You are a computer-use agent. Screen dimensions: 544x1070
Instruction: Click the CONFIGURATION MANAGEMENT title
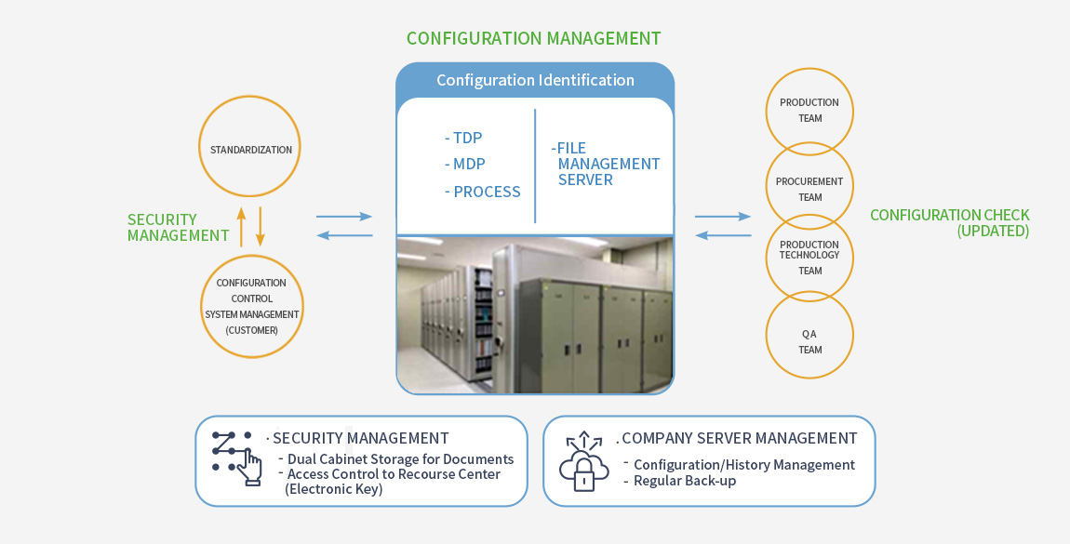533,38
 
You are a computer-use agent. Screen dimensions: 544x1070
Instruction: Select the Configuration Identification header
535,80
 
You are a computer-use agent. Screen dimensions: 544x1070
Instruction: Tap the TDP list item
466,138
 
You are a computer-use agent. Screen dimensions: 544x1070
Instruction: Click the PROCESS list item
485,192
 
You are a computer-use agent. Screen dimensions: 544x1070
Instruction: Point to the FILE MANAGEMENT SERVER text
607,164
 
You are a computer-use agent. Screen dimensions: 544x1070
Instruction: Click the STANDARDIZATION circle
250,150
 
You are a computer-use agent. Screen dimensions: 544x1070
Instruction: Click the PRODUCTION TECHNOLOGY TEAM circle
809,258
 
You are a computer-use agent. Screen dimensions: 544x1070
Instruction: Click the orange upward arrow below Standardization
241,226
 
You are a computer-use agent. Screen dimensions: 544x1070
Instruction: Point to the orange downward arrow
261,226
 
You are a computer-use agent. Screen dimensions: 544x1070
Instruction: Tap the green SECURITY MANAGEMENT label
177,228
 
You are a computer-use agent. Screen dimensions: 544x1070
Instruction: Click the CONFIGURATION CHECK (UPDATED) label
950,223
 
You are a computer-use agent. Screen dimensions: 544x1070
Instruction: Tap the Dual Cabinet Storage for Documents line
400,459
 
